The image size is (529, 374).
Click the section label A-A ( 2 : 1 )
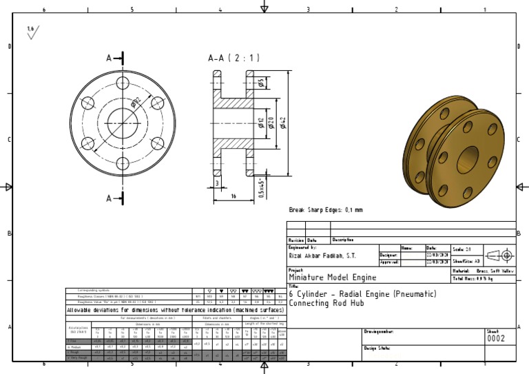234,59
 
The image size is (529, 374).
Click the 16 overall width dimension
234,196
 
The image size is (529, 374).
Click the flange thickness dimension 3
217,183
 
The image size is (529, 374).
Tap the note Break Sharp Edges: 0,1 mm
325,210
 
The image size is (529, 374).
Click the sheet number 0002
496,339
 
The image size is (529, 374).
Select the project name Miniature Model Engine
332,278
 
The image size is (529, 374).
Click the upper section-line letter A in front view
109,59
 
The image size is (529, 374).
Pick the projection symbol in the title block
500,256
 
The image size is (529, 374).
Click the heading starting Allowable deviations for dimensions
175,310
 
